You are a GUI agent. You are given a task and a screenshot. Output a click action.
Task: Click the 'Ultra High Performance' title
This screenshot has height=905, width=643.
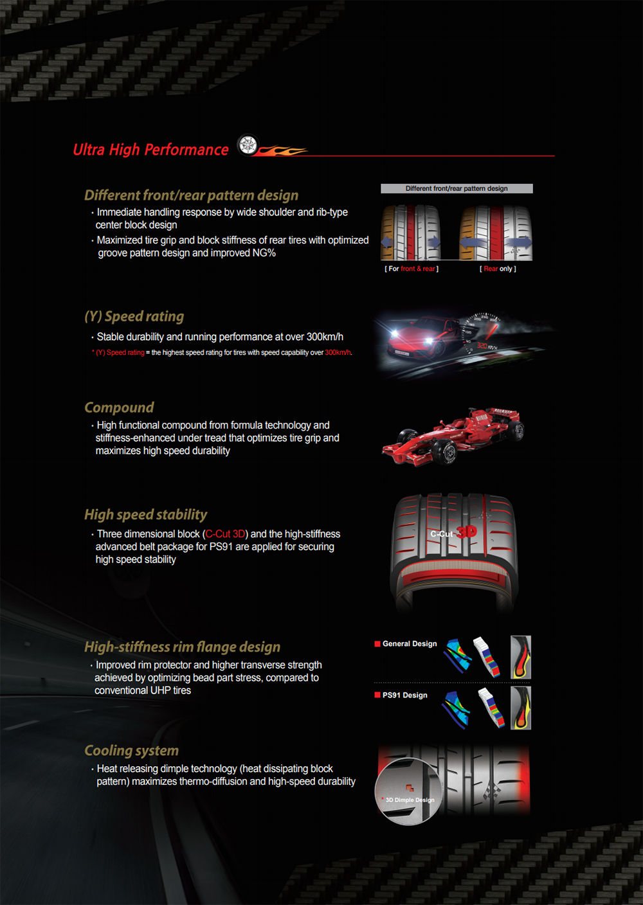(x=150, y=150)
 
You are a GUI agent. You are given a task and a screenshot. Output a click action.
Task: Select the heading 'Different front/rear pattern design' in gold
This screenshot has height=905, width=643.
(x=191, y=195)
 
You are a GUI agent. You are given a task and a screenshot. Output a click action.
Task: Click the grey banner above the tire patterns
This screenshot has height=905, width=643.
(x=457, y=189)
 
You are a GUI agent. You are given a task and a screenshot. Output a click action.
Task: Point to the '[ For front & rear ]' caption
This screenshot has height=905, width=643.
(x=412, y=269)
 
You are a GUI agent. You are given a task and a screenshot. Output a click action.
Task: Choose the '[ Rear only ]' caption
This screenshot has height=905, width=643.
(x=498, y=269)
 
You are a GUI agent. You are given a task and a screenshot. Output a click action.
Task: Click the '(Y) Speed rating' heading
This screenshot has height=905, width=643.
(x=134, y=316)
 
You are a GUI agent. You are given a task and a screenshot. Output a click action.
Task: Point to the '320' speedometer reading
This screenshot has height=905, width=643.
(x=482, y=346)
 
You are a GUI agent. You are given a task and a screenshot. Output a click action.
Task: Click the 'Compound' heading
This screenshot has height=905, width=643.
(x=119, y=408)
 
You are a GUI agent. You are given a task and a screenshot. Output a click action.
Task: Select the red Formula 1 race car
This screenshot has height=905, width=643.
(x=453, y=436)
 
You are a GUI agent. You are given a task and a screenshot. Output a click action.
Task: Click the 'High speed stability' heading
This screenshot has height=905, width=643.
(x=145, y=515)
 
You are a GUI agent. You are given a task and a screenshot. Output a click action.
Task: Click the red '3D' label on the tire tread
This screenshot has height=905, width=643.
(x=467, y=532)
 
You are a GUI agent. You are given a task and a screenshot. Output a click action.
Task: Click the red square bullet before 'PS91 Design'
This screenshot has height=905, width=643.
(x=377, y=695)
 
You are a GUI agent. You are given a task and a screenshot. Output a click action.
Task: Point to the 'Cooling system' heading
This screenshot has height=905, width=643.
(x=131, y=751)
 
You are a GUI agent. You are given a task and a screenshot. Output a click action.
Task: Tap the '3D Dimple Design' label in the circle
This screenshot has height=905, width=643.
(x=410, y=800)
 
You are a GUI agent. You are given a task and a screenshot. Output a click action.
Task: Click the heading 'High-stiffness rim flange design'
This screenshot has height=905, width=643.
(x=182, y=647)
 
